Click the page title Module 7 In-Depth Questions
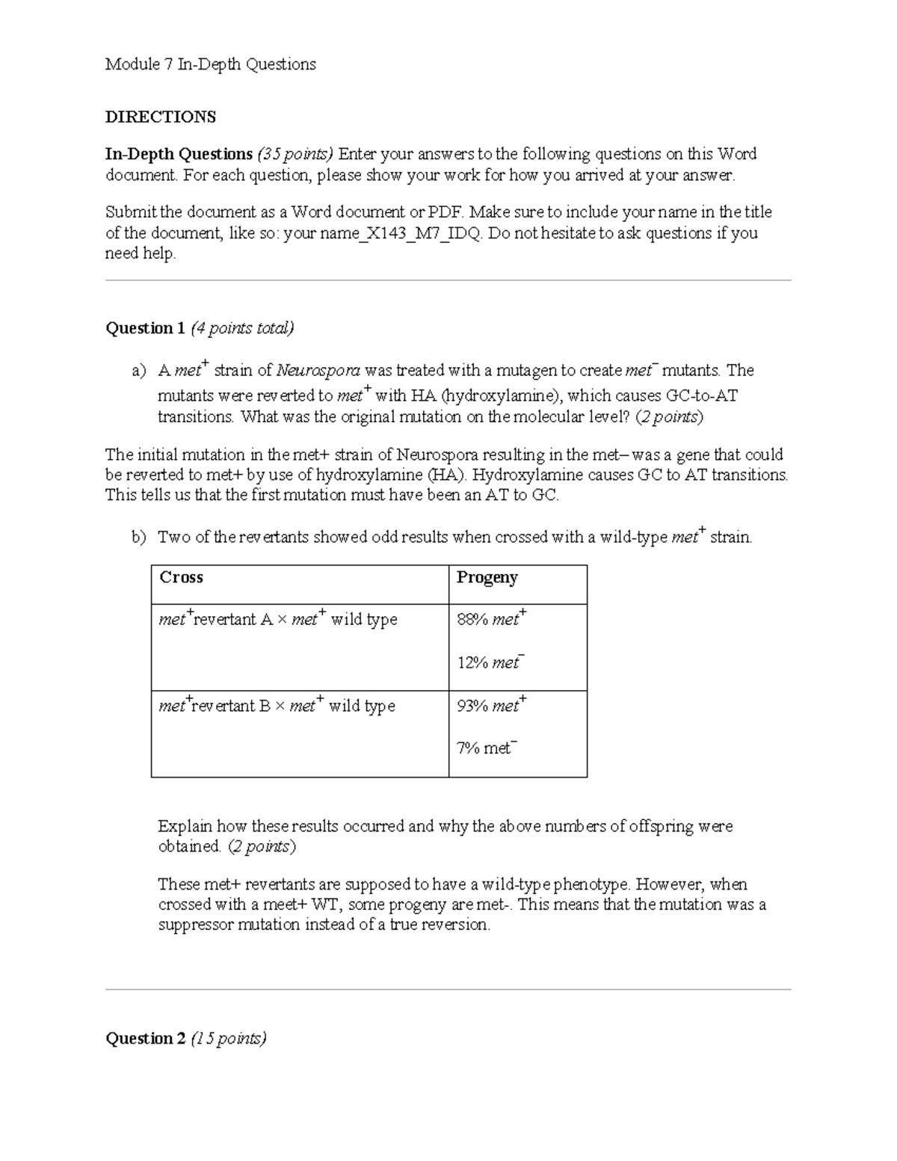(210, 65)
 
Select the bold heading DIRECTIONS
(160, 117)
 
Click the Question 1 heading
(145, 329)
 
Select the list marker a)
(138, 371)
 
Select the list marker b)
(138, 538)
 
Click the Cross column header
(182, 578)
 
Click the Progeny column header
(487, 578)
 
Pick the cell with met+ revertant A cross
(277, 620)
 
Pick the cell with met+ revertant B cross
(277, 706)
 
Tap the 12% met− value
(490, 662)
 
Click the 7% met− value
(487, 748)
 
